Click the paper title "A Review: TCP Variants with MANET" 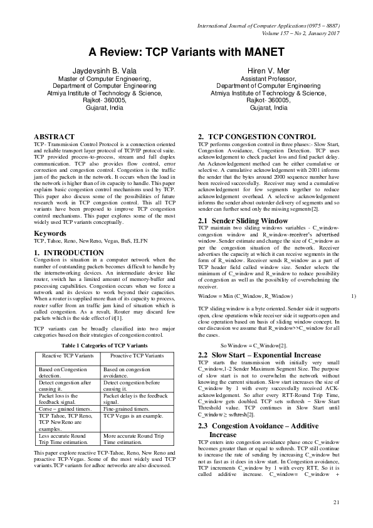pos(186,52)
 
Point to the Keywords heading pos(51,234)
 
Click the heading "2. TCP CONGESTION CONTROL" pos(253,136)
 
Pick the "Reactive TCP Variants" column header pos(67,356)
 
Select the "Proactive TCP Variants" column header pos(133,356)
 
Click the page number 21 pos(335,501)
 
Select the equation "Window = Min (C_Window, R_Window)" pos(246,295)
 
